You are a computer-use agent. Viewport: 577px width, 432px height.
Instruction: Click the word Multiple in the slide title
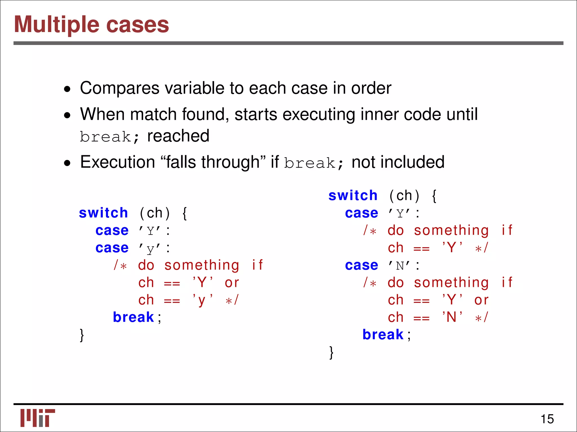56,25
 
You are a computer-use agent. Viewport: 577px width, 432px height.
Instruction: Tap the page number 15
547,419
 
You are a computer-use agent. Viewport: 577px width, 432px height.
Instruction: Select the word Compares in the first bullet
120,88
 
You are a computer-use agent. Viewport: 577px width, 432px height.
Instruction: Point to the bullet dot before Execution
67,163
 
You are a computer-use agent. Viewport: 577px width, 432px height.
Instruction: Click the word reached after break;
178,136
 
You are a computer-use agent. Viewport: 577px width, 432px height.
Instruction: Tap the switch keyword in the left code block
103,213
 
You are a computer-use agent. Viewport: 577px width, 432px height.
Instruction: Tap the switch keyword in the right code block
353,195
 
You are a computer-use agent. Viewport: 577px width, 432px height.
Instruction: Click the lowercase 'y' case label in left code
150,249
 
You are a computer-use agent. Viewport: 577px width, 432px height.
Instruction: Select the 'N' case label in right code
400,266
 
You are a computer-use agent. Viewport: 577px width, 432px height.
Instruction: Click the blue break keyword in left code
133,318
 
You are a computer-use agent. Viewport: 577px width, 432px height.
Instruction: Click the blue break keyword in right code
383,335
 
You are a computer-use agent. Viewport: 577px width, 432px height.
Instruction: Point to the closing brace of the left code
82,335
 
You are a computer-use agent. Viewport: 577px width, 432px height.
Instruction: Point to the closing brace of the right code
331,352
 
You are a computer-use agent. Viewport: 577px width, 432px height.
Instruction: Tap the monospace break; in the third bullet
314,163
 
